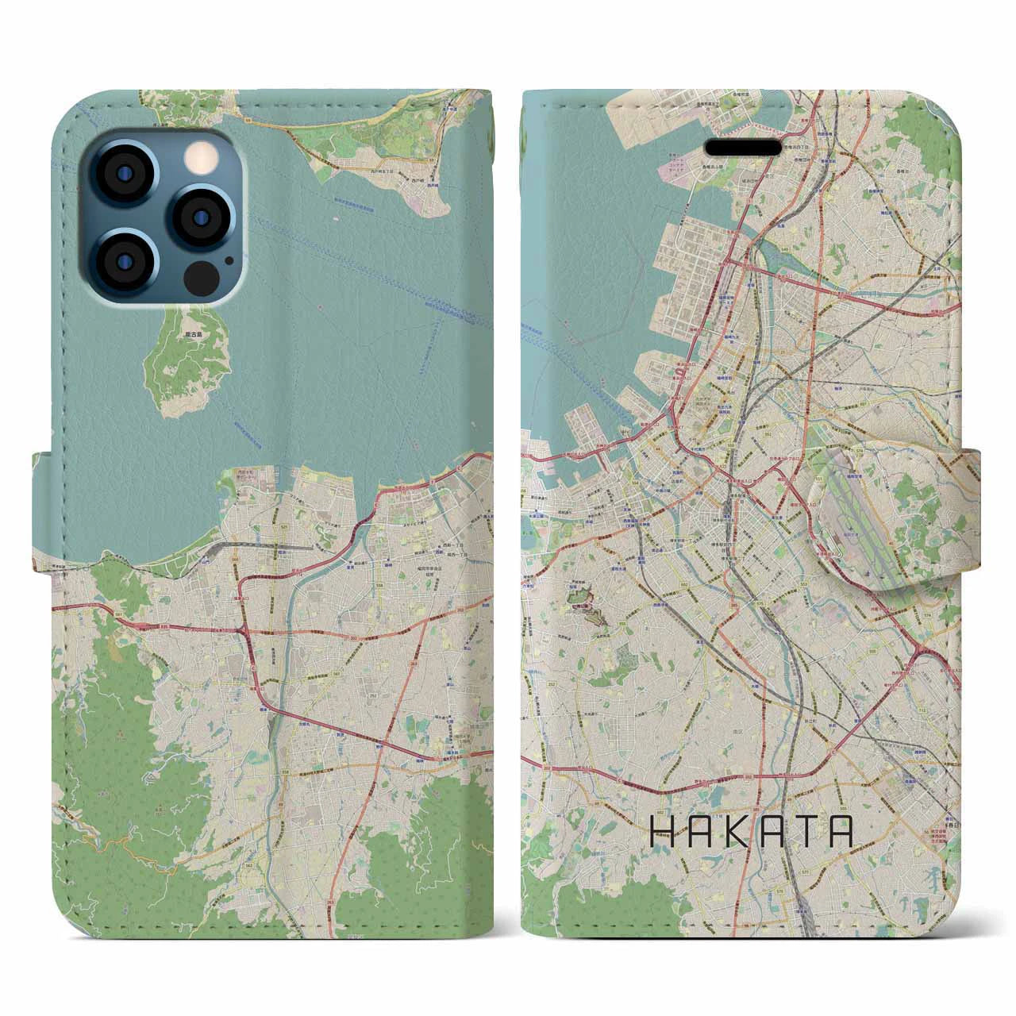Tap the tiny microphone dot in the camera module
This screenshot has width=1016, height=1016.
click(x=229, y=260)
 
